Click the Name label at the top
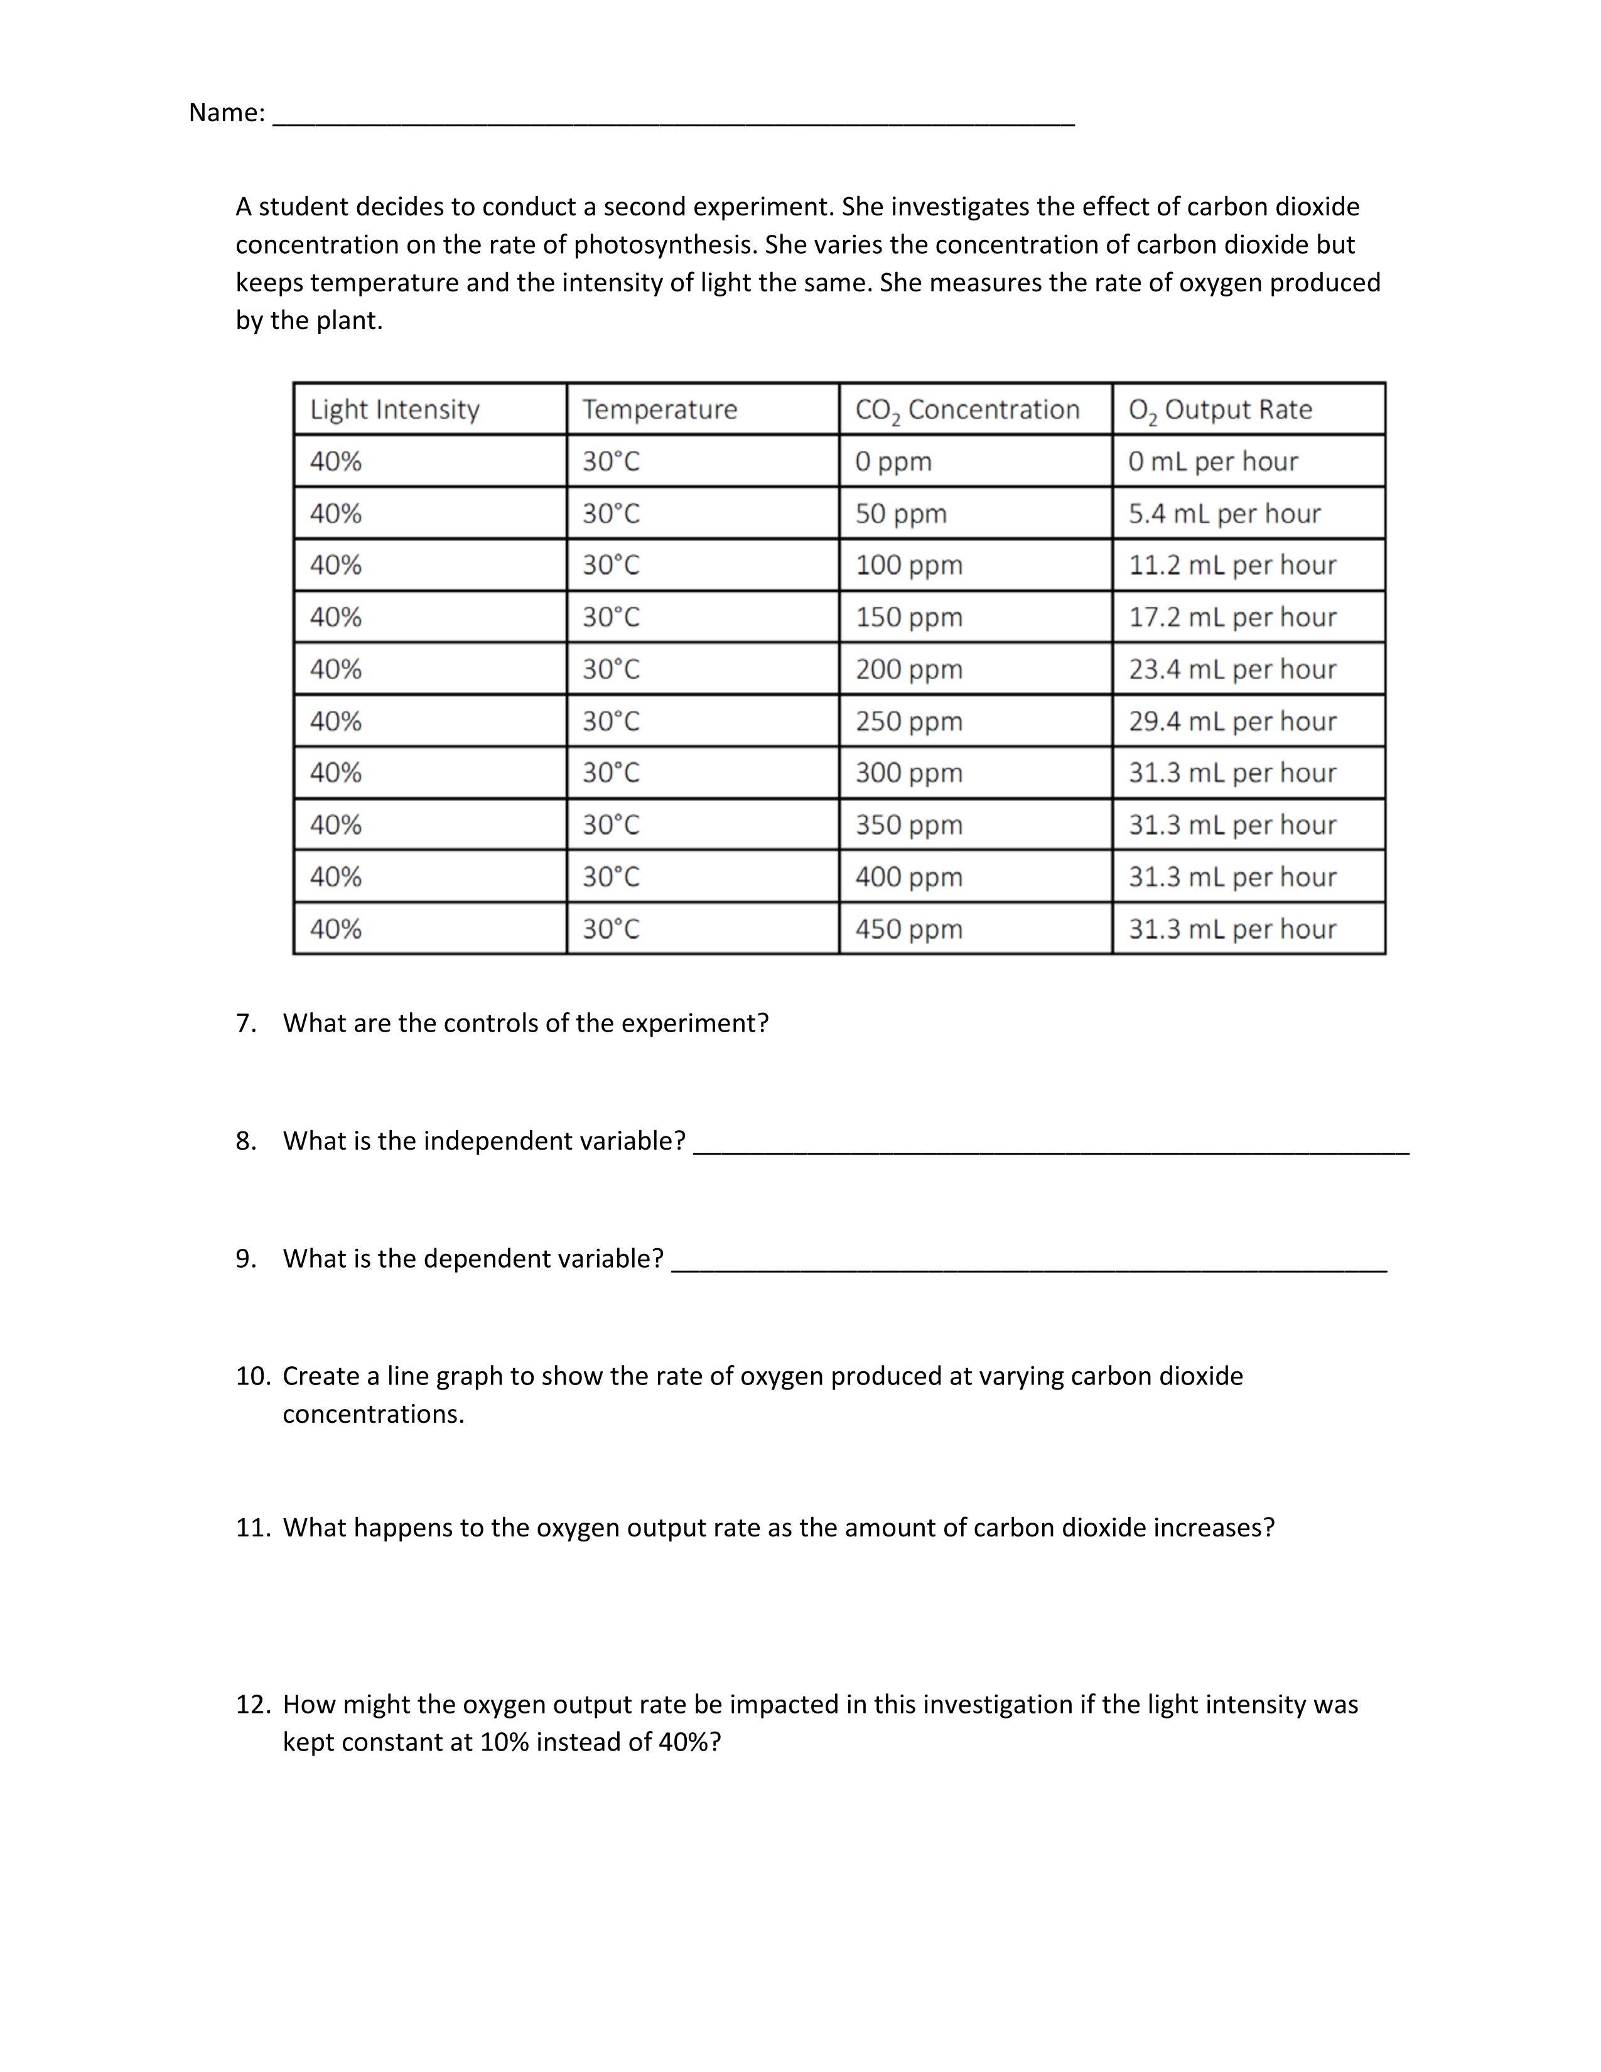[227, 113]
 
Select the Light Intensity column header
[394, 410]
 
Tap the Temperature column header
[659, 410]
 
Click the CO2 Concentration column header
[966, 410]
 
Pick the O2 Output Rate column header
[1220, 410]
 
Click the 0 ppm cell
[893, 462]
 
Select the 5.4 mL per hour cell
[1224, 514]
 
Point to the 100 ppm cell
[908, 566]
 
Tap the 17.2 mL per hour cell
[1232, 618]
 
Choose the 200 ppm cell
[908, 670]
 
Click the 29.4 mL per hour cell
[1232, 722]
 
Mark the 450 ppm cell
[908, 929]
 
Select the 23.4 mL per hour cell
[1232, 670]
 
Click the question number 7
[245, 1023]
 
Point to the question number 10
[253, 1376]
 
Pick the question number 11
[253, 1528]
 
